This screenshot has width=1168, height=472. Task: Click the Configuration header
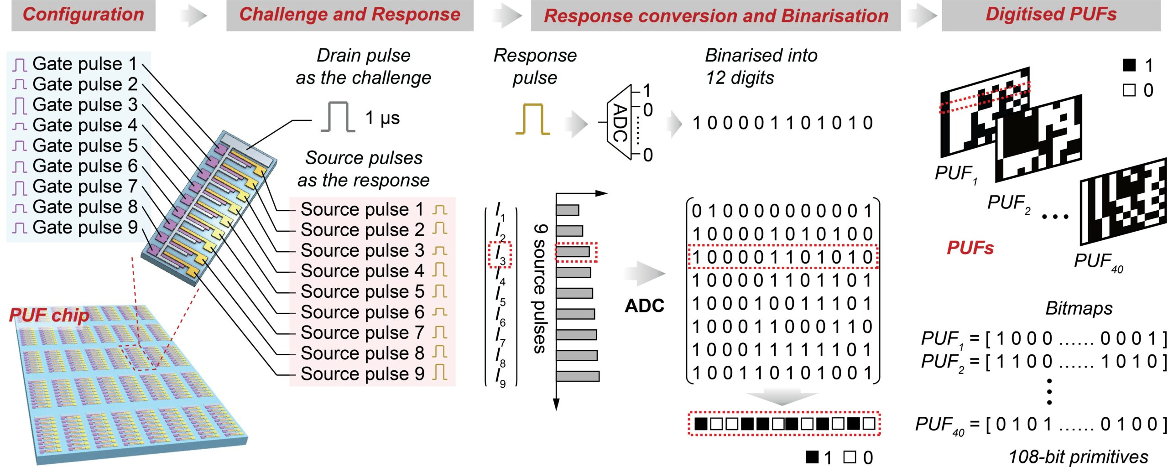(83, 15)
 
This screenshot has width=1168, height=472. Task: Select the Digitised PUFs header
(1051, 15)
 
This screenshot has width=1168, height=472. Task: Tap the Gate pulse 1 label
(84, 64)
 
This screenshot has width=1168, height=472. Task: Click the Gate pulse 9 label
(84, 227)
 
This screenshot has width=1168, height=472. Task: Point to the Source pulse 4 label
(362, 271)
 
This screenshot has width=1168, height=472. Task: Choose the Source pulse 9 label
(362, 374)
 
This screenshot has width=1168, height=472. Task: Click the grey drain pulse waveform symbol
(338, 117)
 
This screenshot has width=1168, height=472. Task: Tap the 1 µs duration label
(382, 118)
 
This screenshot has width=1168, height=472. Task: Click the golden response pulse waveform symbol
(532, 119)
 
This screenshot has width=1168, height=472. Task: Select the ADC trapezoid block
(619, 122)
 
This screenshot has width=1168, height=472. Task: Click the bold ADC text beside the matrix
(644, 306)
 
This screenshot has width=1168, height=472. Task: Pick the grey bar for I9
(577, 376)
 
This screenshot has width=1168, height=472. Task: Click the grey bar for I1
(568, 210)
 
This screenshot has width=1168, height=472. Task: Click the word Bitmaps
(1079, 309)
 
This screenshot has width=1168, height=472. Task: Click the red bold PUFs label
(970, 248)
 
